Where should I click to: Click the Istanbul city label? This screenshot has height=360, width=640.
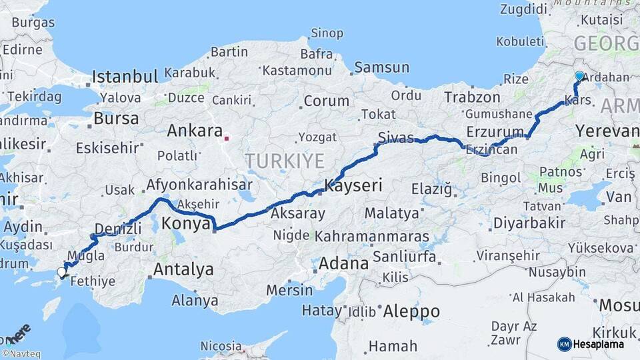tap(125, 76)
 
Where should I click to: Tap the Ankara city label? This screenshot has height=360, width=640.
tap(194, 131)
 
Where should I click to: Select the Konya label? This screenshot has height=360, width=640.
tap(187, 224)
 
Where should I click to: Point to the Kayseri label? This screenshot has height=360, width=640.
tap(353, 186)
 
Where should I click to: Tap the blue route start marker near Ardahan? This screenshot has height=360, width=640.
tap(579, 77)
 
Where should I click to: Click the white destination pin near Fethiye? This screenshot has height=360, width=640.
tap(62, 272)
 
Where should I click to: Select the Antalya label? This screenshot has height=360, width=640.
tap(183, 269)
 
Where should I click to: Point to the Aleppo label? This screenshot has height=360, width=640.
tap(412, 311)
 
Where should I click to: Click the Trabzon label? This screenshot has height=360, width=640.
tap(472, 97)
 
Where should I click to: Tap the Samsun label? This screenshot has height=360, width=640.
tap(381, 67)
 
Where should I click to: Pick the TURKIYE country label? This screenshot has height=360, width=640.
tap(285, 161)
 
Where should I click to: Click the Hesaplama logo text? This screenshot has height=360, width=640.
tap(600, 344)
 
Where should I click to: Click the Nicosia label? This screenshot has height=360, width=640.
tap(221, 346)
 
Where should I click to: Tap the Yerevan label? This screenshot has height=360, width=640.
tap(607, 131)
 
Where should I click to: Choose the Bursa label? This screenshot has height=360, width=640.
tap(117, 119)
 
